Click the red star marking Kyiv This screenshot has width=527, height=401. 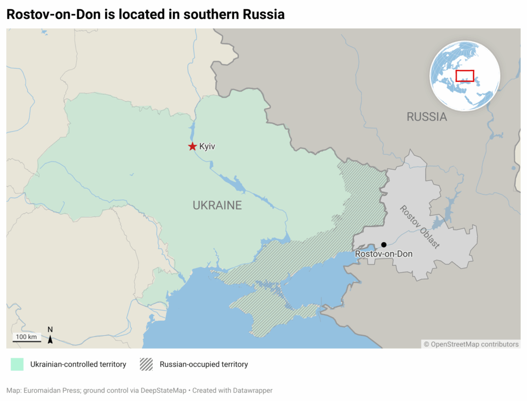pyautogui.click(x=192, y=147)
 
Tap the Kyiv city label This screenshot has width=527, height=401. pyautogui.click(x=207, y=147)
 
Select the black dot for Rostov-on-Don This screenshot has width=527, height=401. pyautogui.click(x=383, y=245)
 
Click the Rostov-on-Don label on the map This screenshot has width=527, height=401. pyautogui.click(x=383, y=254)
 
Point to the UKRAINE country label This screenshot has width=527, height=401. pyautogui.click(x=217, y=205)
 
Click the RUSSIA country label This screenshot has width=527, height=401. pyautogui.click(x=427, y=117)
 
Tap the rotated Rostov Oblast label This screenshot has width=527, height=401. pyautogui.click(x=419, y=227)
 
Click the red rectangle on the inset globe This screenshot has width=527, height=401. pyautogui.click(x=465, y=76)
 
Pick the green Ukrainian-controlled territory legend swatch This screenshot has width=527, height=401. pyautogui.click(x=17, y=364)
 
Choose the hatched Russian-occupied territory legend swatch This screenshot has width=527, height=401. pyautogui.click(x=146, y=364)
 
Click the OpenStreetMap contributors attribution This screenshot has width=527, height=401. pyautogui.click(x=471, y=344)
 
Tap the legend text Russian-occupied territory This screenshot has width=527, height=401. pyautogui.click(x=204, y=364)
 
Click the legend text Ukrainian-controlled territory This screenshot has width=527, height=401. pyautogui.click(x=78, y=364)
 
